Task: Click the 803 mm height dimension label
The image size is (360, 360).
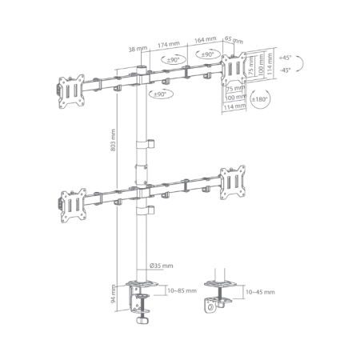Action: (x=113, y=140)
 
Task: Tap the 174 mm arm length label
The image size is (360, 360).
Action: (x=169, y=45)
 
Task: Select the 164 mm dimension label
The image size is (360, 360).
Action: (x=205, y=40)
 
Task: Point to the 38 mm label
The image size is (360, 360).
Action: (x=138, y=49)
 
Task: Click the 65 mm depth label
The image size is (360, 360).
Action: (x=234, y=40)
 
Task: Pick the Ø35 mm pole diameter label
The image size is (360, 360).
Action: (x=162, y=266)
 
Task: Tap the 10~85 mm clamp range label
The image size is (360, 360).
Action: (x=182, y=290)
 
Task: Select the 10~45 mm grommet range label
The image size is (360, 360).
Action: (x=260, y=292)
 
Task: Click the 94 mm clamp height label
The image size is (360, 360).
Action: (x=113, y=294)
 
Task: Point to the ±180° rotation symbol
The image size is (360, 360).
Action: (x=260, y=99)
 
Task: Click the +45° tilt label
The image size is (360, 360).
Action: (x=285, y=58)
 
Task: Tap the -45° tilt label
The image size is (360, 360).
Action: (x=285, y=70)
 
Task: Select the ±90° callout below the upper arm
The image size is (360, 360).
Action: (x=161, y=94)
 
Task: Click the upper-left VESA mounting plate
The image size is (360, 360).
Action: (x=71, y=91)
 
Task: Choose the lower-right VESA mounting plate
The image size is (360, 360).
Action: (x=233, y=182)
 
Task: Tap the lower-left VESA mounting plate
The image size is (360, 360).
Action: (x=74, y=206)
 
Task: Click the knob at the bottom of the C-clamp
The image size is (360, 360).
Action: (x=142, y=320)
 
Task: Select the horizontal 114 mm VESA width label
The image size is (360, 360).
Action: (x=234, y=107)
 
